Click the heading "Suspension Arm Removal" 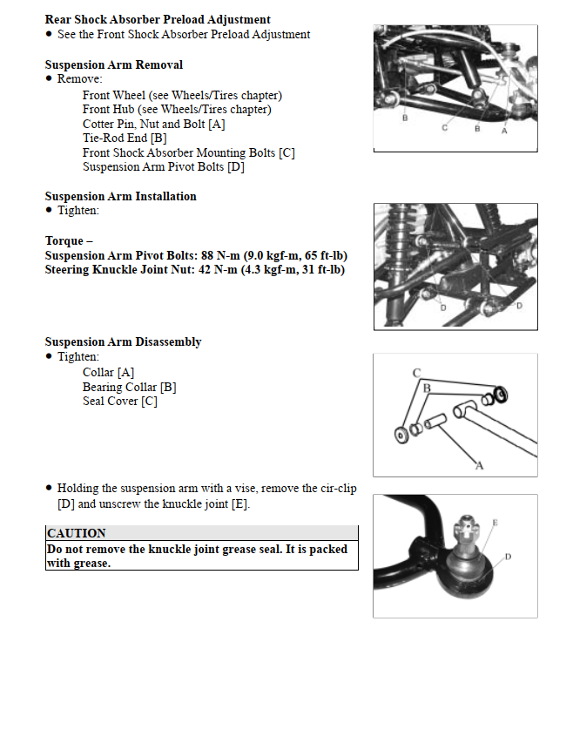tap(113, 65)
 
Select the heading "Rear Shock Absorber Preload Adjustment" tap(158, 19)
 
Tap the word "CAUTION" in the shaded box tap(77, 533)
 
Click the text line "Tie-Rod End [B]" tap(125, 138)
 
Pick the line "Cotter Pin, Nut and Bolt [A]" tap(154, 124)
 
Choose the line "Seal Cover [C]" tap(120, 401)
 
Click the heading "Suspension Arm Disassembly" tap(123, 341)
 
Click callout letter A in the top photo tap(504, 130)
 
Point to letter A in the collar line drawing tap(478, 466)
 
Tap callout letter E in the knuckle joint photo tap(495, 523)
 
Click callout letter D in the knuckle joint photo tap(508, 556)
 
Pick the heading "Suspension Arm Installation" tap(120, 196)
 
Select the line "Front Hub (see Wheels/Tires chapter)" tap(177, 110)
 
